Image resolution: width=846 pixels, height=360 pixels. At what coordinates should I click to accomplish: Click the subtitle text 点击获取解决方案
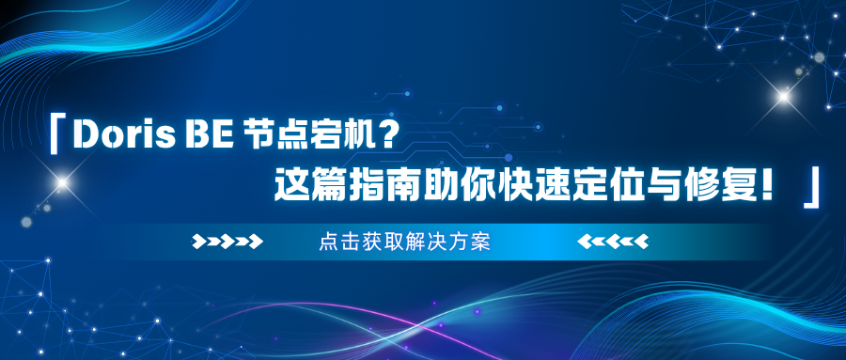(x=404, y=243)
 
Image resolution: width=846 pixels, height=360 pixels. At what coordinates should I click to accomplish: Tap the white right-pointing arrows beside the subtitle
(x=227, y=242)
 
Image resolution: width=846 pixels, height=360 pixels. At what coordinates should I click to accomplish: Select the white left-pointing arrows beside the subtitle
(x=613, y=242)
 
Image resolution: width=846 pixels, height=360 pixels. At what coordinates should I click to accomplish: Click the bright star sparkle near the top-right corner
(x=783, y=97)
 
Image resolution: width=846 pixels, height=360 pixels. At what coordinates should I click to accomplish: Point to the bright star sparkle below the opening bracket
(x=62, y=182)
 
